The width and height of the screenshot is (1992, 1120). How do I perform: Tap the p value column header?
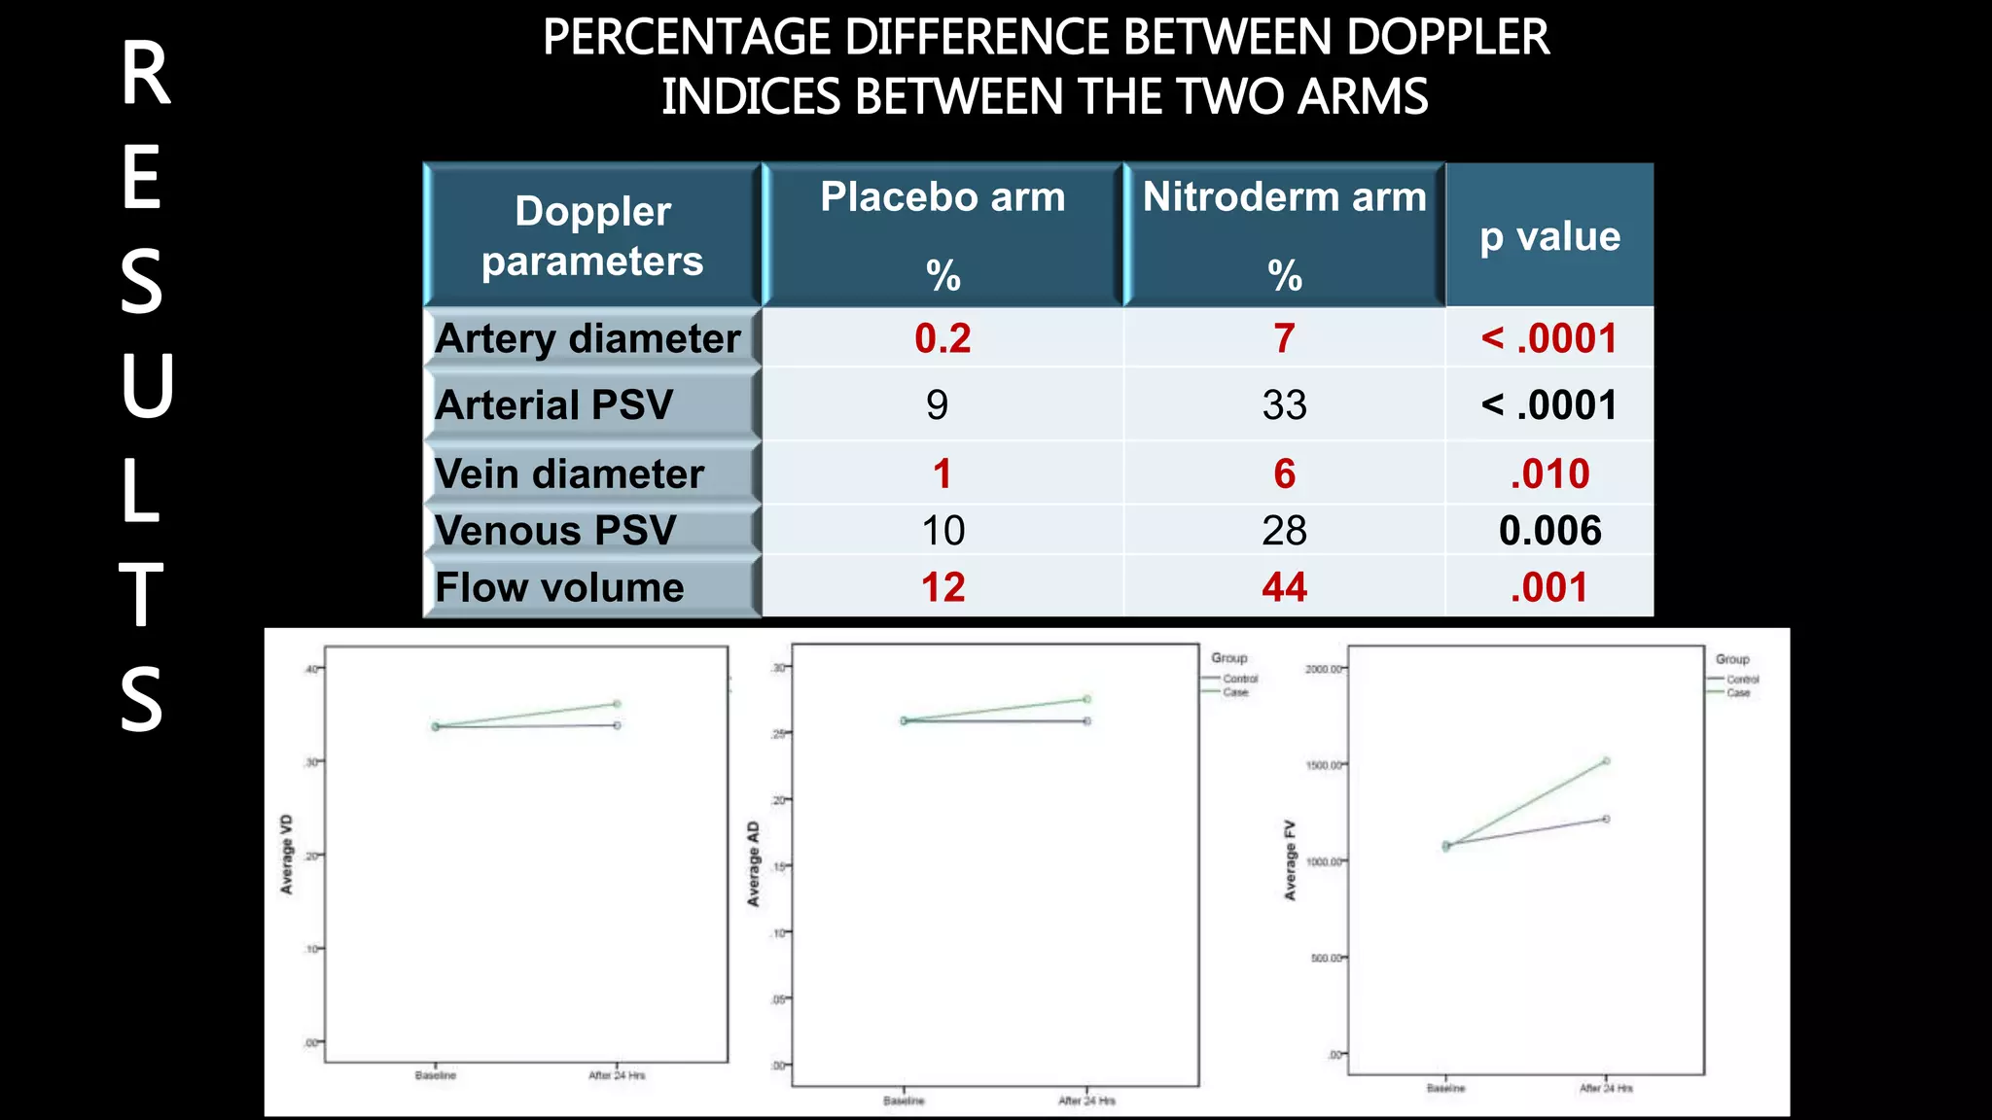coord(1549,236)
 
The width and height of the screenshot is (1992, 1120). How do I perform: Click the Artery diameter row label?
coord(587,338)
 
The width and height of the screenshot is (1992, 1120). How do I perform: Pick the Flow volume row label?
coord(559,587)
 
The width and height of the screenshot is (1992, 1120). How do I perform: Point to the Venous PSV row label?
coord(554,531)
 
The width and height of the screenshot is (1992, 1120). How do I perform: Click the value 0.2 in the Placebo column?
coord(943,338)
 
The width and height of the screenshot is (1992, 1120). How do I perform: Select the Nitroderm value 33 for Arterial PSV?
coord(1284,404)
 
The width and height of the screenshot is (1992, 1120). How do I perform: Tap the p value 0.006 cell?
coord(1549,531)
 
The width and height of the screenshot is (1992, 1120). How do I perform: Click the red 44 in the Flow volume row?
coord(1284,587)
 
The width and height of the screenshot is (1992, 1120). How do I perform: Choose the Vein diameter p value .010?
coord(1549,474)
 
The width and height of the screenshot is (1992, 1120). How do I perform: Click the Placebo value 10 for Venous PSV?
coord(943,531)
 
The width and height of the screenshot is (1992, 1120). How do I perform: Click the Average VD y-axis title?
coord(287,855)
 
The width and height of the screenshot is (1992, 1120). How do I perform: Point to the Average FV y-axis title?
coord(1291,860)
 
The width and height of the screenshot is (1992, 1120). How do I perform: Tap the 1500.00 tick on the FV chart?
coord(1323,765)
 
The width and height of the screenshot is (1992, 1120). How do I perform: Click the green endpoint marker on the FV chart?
coord(1606,761)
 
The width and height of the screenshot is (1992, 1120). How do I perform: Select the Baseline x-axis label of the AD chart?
coord(904,1101)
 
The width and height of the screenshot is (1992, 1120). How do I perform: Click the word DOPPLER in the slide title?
coord(1447,38)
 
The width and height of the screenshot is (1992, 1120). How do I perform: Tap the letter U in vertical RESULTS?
coord(146,386)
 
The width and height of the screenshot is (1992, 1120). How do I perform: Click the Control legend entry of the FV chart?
coord(1742,680)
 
